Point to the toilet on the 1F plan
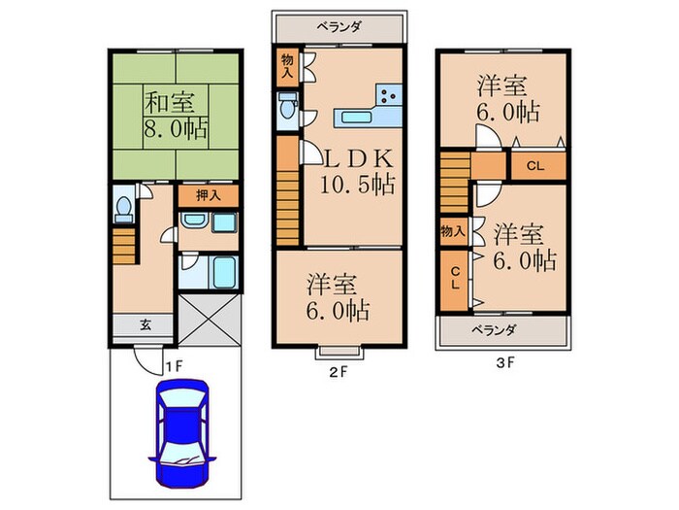click(122, 208)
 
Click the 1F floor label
click(173, 365)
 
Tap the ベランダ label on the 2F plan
click(338, 26)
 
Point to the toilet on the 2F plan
click(288, 112)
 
